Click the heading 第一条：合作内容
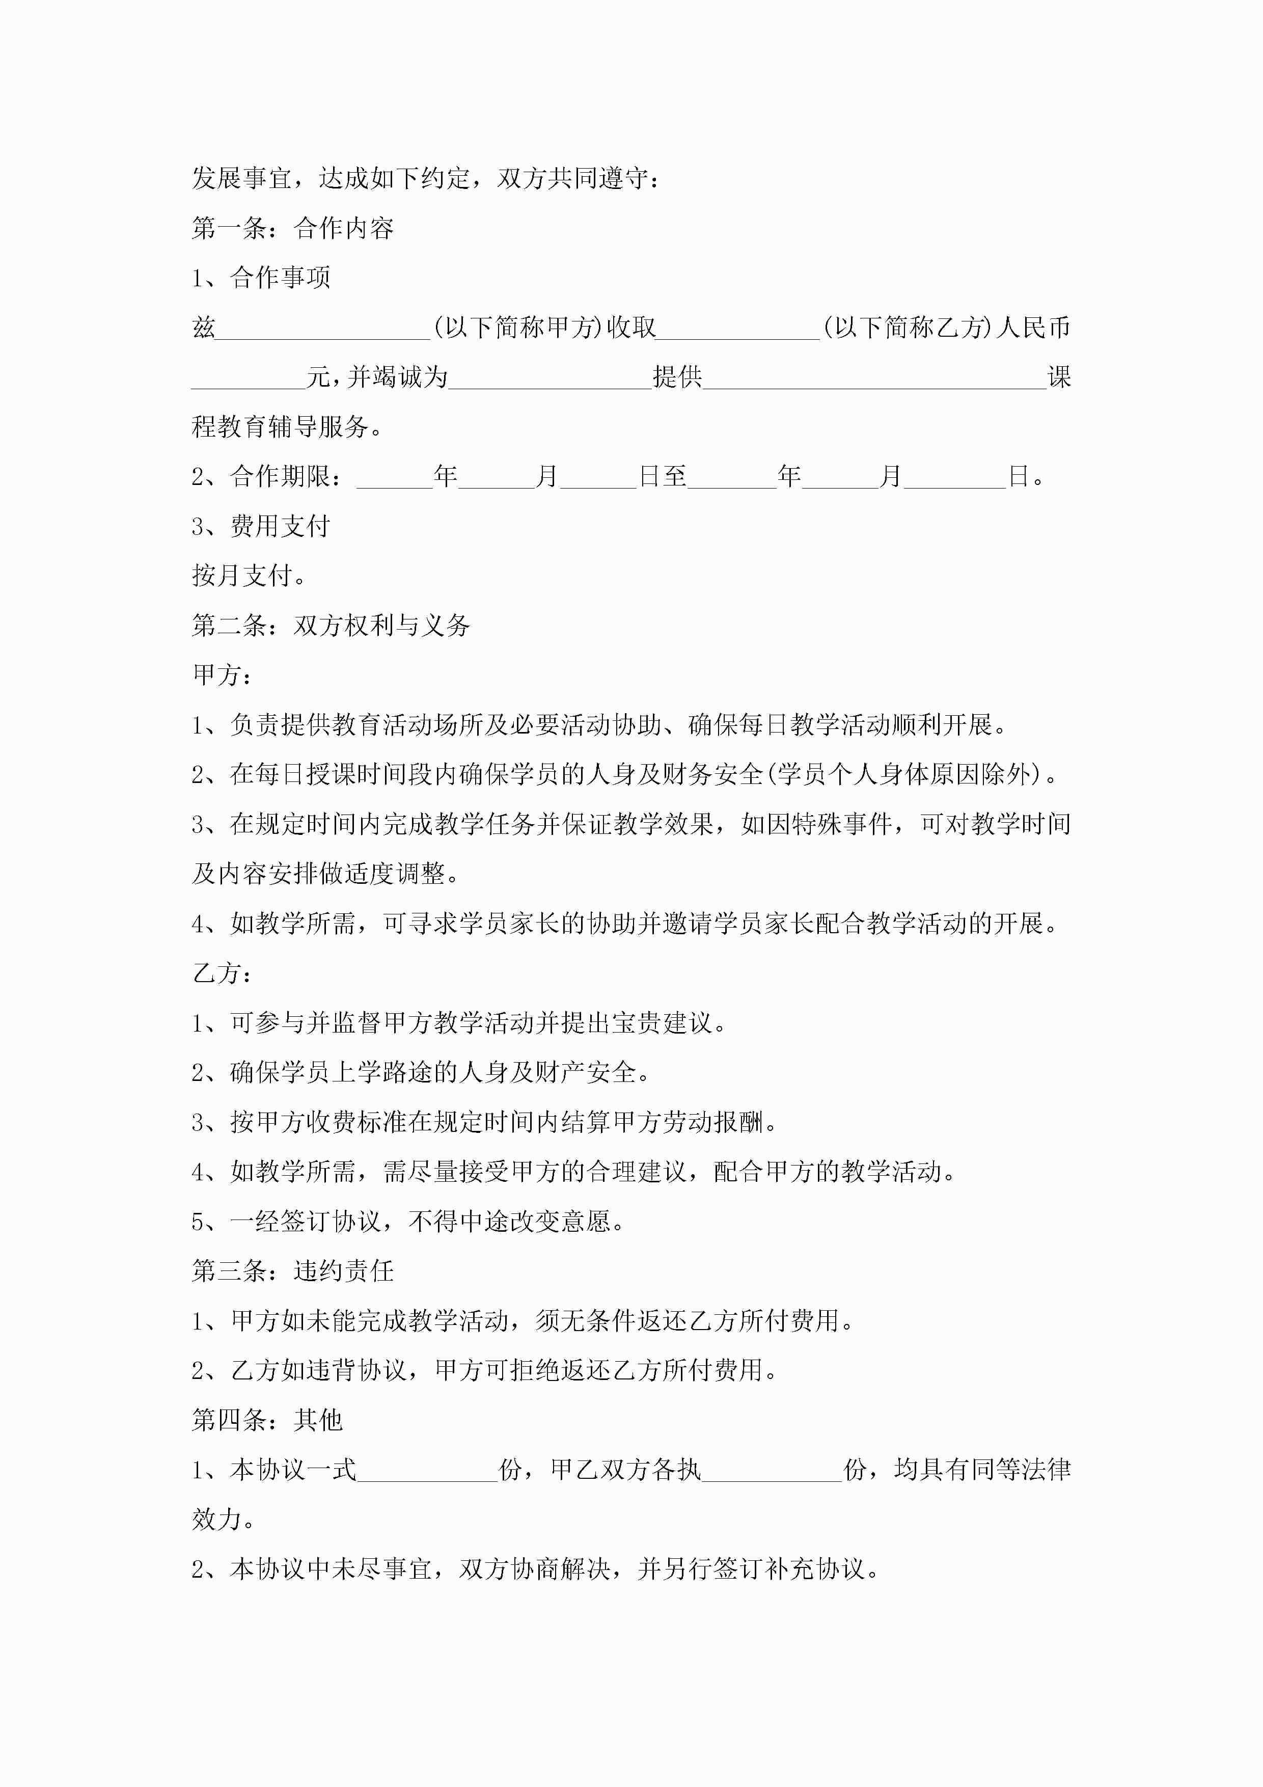pos(293,228)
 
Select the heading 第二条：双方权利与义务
pos(331,625)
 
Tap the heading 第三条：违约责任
pos(293,1271)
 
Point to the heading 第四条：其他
pos(267,1420)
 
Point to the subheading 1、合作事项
pos(261,278)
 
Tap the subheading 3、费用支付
pos(261,526)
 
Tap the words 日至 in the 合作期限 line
pos(663,476)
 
